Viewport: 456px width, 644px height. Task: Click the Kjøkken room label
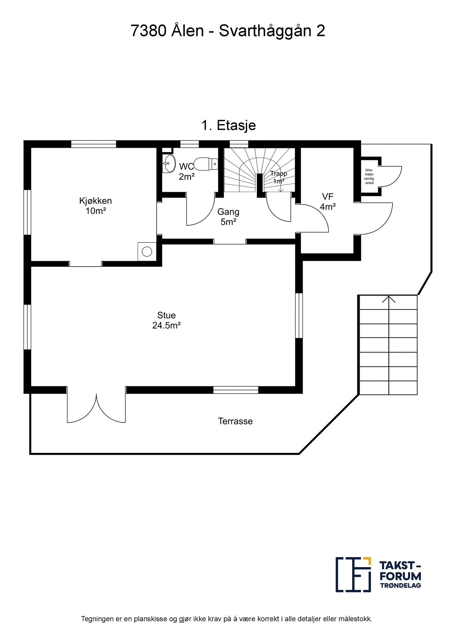tap(95, 206)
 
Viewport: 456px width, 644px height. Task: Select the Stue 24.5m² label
tap(166, 320)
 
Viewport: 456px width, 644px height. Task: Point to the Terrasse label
tap(235, 421)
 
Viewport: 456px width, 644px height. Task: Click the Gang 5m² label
tap(228, 217)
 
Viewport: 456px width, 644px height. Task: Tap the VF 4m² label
tap(328, 201)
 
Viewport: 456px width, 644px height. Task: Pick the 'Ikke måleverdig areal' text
tap(369, 176)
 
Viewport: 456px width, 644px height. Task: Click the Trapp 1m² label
tap(278, 177)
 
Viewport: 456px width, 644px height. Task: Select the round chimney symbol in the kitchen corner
tap(147, 251)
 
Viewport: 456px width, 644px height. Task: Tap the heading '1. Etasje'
tap(229, 126)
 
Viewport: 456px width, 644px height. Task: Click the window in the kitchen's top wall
tap(93, 144)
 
